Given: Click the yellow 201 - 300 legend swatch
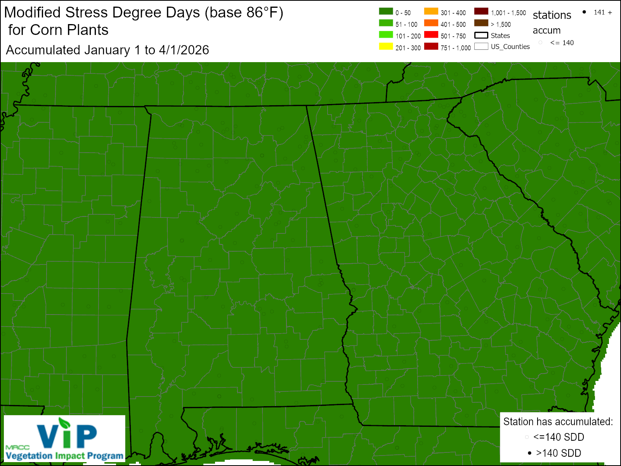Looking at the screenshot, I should (x=386, y=46).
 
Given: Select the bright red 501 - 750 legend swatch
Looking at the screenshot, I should (x=431, y=35).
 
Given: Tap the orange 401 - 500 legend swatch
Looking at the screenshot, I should (x=431, y=23).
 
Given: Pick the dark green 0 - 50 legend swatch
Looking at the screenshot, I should (x=386, y=11).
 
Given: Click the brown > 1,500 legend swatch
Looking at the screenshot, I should (x=481, y=23).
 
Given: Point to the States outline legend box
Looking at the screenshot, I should (x=481, y=35).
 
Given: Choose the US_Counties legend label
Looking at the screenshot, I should (x=510, y=47).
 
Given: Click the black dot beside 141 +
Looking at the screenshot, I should (x=584, y=12).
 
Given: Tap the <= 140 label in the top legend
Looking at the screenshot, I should (x=562, y=43).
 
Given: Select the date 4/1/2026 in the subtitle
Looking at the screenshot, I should (x=184, y=50).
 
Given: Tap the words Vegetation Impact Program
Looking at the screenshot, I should (x=64, y=456).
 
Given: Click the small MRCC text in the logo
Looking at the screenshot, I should (x=17, y=447).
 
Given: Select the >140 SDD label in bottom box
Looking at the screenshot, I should (x=559, y=453).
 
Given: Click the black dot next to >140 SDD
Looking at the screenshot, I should (x=529, y=453).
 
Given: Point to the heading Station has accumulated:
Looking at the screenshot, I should (x=558, y=422).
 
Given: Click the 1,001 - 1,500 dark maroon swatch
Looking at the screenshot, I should (x=481, y=11).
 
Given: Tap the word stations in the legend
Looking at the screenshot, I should (x=552, y=15).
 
